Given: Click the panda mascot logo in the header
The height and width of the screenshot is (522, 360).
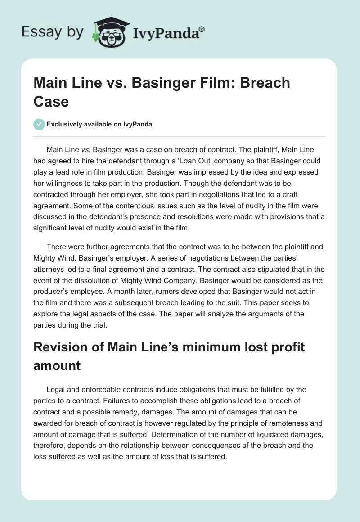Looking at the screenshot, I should point(111,32).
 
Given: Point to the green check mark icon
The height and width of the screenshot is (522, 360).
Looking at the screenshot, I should point(39,124).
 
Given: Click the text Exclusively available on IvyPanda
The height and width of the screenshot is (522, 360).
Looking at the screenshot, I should point(99,124).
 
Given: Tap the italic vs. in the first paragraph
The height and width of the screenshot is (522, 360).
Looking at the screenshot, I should point(86,149).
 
